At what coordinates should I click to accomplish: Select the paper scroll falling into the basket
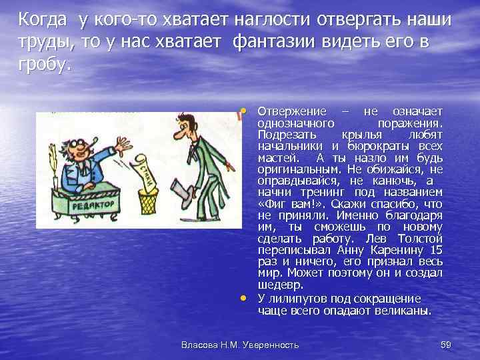click(x=146, y=170)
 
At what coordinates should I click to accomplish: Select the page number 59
click(x=447, y=345)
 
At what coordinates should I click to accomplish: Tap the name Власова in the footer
click(x=199, y=345)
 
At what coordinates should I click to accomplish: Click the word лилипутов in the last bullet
click(x=299, y=299)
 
